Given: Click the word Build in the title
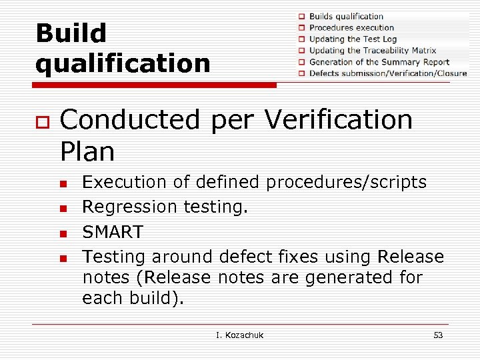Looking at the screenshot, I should point(71,33).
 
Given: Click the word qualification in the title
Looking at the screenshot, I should point(123,64).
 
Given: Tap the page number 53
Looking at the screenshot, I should point(438,335).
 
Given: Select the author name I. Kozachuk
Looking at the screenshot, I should point(240,335).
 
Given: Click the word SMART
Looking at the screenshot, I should point(113,232).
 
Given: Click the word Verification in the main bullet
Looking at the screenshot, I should point(338,120).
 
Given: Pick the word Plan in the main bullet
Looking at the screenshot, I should point(87,152).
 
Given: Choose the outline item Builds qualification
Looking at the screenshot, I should point(346,16).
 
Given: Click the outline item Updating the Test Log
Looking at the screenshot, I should point(353,39).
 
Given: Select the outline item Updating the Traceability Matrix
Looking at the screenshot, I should point(372,50).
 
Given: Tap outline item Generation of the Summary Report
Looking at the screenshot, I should point(379,62).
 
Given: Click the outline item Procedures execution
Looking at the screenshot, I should point(351,27).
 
